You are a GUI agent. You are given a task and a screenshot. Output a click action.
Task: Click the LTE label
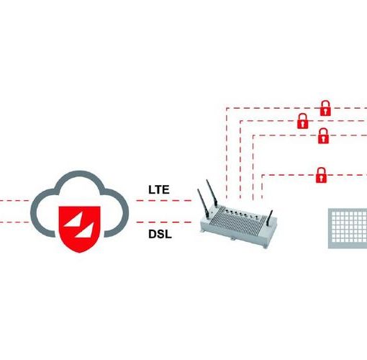(159, 189)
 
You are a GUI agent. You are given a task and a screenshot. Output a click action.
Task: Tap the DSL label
(160, 234)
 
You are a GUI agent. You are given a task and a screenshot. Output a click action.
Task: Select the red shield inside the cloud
(80, 229)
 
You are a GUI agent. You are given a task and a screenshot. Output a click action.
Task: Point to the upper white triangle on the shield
(74, 220)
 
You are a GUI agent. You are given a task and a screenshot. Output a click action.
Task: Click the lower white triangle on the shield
(85, 230)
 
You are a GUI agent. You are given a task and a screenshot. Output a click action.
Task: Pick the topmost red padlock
(325, 108)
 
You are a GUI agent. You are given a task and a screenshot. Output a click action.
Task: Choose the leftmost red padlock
(303, 121)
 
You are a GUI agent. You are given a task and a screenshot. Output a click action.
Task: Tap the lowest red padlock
(321, 175)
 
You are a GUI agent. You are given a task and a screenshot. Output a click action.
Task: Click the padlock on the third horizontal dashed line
(323, 136)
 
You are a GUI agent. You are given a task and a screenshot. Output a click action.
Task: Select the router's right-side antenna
(271, 218)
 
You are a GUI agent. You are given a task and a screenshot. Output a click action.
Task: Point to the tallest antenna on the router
(212, 193)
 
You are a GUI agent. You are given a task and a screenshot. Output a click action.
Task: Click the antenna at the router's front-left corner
(203, 204)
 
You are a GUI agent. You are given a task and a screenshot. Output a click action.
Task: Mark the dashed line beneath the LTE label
(164, 200)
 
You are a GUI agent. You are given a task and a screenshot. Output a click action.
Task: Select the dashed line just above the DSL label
(164, 222)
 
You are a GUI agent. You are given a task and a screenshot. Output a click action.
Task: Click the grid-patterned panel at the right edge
(348, 228)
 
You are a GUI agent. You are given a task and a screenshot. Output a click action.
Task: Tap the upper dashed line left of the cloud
(14, 200)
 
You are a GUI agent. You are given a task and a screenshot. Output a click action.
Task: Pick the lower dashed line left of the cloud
(14, 222)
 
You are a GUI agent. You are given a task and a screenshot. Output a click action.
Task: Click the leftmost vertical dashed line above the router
(226, 153)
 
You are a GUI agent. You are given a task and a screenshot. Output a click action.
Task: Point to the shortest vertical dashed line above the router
(262, 186)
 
